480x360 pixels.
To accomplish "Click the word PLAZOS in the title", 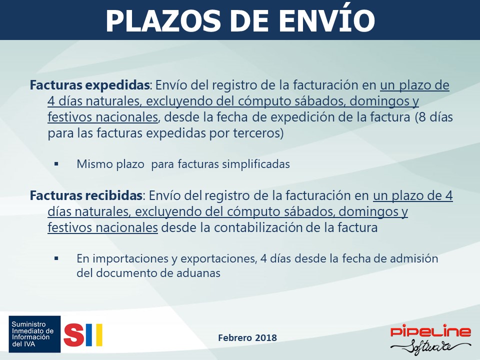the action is point(163,21).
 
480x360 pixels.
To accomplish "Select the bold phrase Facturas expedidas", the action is point(89,85).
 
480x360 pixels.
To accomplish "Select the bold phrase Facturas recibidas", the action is point(86,195).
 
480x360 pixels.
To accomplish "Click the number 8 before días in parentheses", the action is point(422,117).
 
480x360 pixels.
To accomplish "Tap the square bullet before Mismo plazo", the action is point(56,164).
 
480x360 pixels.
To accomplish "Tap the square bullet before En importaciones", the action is point(56,258).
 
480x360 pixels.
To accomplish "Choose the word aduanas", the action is point(198,273).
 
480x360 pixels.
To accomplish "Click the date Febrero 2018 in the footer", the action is point(247,337).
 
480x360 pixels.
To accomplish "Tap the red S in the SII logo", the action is point(74,335).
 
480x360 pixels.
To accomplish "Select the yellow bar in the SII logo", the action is point(99,335).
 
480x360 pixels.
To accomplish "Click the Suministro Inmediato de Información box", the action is point(34,334).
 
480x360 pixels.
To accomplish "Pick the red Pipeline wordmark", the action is point(430,331).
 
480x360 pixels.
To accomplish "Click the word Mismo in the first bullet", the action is point(95,164).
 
